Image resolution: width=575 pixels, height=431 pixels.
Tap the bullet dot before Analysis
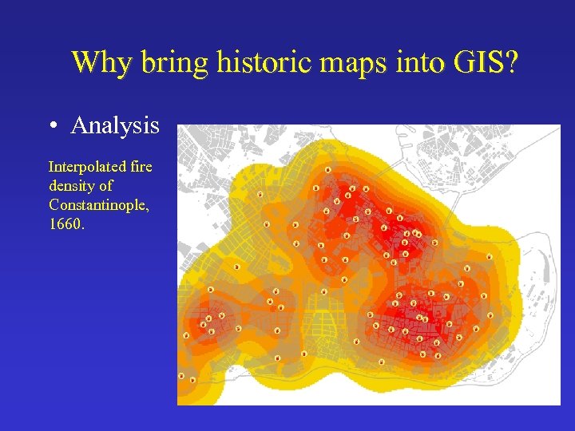point(52,126)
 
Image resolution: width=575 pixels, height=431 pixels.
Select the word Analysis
point(115,126)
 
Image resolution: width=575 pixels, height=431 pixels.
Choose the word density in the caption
point(70,186)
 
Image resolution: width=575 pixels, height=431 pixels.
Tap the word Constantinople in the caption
point(97,205)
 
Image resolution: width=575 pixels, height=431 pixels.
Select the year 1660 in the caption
point(63,224)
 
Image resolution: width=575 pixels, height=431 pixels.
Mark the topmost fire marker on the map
point(328,169)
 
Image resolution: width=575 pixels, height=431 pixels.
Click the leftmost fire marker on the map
point(181,375)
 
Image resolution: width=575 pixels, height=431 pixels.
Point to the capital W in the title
point(84,62)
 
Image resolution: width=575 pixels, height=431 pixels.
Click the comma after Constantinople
point(149,209)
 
